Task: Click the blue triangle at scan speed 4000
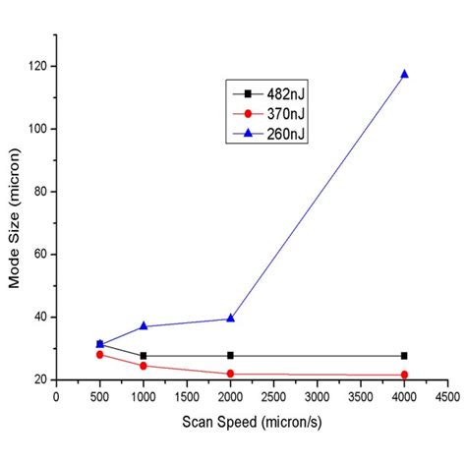coord(404,75)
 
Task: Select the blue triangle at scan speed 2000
coord(230,319)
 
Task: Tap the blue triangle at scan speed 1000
coord(144,326)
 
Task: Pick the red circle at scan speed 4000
coord(404,375)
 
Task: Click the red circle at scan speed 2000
coord(230,374)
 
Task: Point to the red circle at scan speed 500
coord(100,354)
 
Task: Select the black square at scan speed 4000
coord(404,356)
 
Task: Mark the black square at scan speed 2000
coord(230,356)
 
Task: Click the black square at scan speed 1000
coord(144,356)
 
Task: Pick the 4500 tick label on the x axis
coord(447,397)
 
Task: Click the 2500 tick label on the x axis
coord(273,397)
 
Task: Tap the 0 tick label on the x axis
coord(57,397)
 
